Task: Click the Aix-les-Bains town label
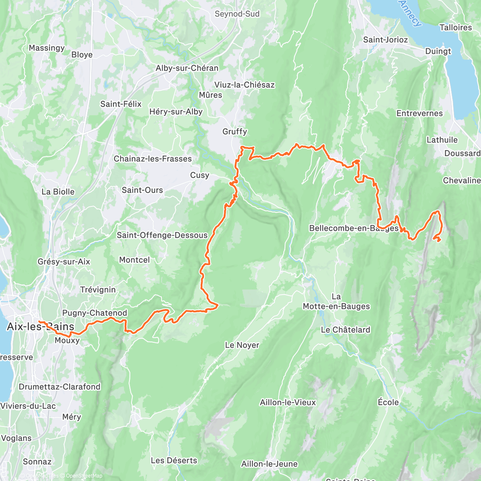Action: tap(40, 327)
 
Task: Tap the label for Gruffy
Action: tap(235, 131)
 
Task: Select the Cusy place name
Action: tap(200, 175)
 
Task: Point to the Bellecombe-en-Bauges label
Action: tap(354, 228)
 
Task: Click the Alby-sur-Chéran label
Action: tap(187, 68)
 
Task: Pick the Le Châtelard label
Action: tap(346, 330)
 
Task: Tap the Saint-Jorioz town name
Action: tap(385, 40)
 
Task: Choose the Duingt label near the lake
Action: tap(438, 51)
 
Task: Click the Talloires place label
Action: tap(455, 28)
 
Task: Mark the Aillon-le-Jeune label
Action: tap(269, 464)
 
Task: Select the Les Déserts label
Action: tap(174, 461)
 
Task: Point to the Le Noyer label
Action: tap(242, 345)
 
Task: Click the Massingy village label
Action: tap(46, 48)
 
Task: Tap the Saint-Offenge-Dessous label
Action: tap(162, 235)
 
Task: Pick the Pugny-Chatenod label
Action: tap(95, 313)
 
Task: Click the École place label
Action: tap(388, 402)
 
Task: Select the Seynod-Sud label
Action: tap(237, 14)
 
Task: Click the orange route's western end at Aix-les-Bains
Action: tap(39, 321)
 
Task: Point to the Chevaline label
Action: tap(461, 181)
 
